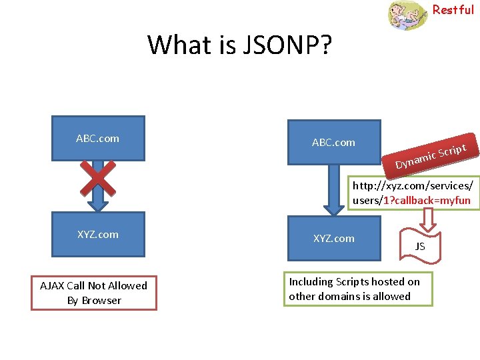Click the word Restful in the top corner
pos(453,9)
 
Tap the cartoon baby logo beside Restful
pos(407,15)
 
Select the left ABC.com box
pos(98,139)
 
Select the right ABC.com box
pos(334,142)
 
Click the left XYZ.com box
pos(98,235)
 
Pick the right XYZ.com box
pos(334,239)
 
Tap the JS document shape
pos(419,247)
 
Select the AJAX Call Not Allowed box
pos(94,293)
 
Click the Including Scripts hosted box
pos(355,289)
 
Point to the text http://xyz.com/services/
pos(413,186)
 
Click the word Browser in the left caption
pos(103,301)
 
